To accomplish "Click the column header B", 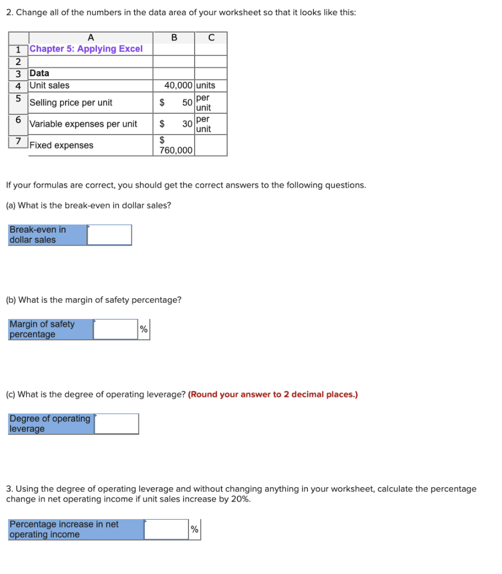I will [174, 38].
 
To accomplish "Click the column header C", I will [211, 38].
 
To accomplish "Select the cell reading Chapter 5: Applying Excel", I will [86, 49].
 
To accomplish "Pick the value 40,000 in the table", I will [179, 85].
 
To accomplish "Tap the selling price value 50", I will [187, 103].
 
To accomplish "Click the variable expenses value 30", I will [187, 124].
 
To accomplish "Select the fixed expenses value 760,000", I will [176, 150].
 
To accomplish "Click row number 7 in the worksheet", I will [19, 141].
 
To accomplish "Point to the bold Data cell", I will [39, 73].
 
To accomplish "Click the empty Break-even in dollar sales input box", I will [109, 235].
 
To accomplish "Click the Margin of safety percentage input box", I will [116, 330].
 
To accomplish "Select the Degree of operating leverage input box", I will [116, 424].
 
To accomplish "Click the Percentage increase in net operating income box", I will [166, 529].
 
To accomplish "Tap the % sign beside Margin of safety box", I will [144, 330].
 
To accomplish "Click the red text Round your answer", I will [273, 394].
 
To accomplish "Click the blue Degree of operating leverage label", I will [50, 424].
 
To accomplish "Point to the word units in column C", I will [206, 85].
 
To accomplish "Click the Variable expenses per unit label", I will [83, 124].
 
